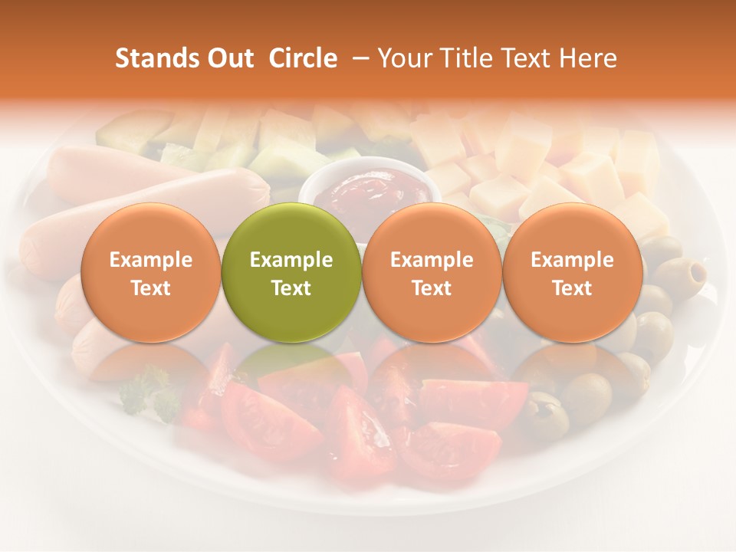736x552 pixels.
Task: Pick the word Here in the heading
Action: (x=587, y=58)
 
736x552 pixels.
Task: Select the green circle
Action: (x=291, y=230)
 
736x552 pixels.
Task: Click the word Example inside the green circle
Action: (x=291, y=260)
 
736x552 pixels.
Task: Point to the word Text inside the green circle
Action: (x=291, y=288)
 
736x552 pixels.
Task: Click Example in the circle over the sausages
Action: (x=150, y=260)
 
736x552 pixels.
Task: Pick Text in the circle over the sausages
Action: (x=150, y=288)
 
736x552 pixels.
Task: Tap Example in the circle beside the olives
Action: (x=572, y=260)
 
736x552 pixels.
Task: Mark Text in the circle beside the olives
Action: (x=572, y=288)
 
